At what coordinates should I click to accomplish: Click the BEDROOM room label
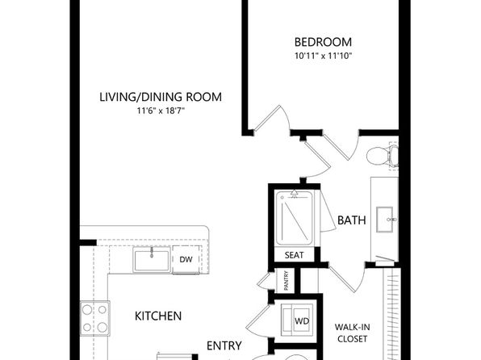pos(323,42)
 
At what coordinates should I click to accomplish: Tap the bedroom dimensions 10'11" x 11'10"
pos(323,56)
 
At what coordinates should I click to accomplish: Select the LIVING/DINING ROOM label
pos(161,97)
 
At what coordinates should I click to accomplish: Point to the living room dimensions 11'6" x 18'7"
pos(161,111)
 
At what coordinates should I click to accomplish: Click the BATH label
pos(352,220)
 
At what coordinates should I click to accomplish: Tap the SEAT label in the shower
pos(295,255)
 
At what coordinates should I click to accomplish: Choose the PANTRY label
pos(287,281)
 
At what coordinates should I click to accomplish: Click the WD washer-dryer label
pos(302,321)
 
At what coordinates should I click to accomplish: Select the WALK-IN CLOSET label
pos(352,333)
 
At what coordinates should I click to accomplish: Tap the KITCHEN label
pos(158,316)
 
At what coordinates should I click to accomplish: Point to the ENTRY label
pos(224,346)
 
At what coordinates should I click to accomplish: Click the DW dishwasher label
pos(186,260)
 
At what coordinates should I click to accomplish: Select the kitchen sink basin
pos(152,260)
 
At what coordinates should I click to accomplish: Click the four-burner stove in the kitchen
pos(94,319)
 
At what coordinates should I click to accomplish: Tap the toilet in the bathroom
pos(383,155)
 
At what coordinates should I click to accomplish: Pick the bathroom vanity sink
pos(385,220)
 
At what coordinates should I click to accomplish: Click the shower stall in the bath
pos(295,218)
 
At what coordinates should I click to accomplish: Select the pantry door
pos(265,281)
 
